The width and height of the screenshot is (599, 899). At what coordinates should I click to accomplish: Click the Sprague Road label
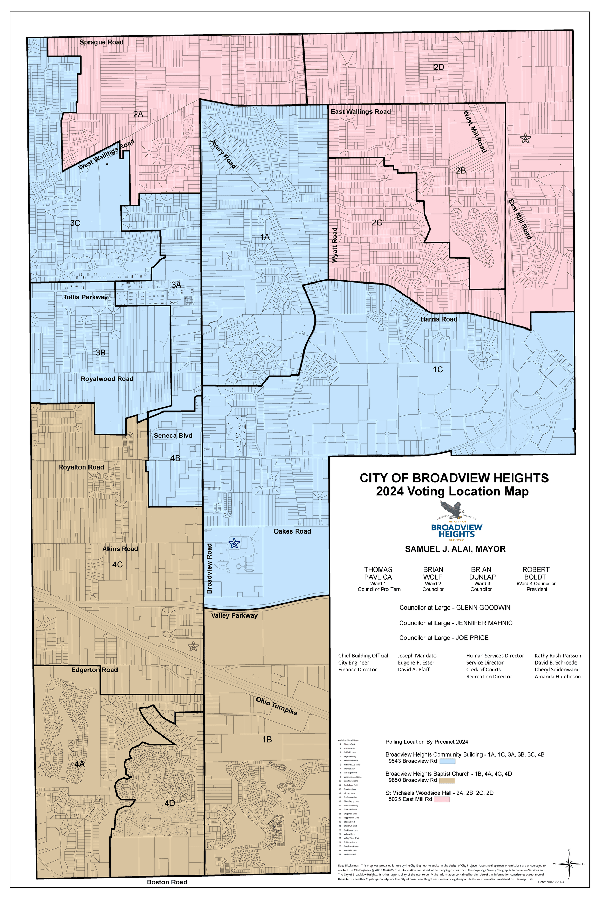point(101,42)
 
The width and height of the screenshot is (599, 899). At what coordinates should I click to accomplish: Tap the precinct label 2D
point(439,67)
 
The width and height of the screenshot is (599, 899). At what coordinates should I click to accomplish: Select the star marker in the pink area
point(525,139)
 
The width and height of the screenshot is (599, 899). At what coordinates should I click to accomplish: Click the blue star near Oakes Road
point(234,543)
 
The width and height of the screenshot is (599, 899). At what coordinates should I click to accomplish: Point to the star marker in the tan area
point(193,647)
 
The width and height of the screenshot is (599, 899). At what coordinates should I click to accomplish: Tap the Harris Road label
point(439,319)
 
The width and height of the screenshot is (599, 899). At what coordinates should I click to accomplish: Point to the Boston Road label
point(167,882)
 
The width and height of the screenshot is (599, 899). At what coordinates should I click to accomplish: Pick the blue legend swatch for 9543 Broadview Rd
point(447,761)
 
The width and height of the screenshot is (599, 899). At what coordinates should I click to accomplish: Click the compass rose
point(569,863)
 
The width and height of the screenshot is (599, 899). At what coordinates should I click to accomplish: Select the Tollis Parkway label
point(86,297)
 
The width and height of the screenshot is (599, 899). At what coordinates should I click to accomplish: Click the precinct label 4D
point(169,803)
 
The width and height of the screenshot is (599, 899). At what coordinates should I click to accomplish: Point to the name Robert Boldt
point(536,573)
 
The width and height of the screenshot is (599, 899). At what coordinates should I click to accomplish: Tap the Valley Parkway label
point(234,615)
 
